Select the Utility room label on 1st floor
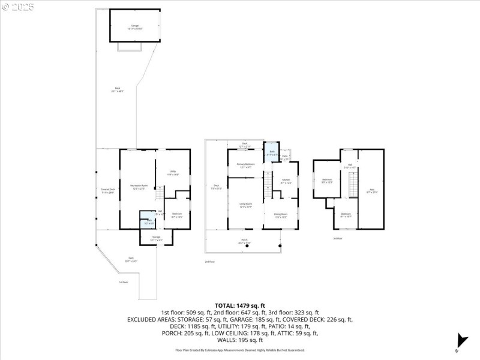tap(172, 173)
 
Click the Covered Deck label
tap(107, 191)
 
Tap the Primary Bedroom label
tap(245, 166)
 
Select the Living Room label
tap(245, 205)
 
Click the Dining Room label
tap(280, 215)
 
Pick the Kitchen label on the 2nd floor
tap(286, 181)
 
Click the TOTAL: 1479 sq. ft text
tap(239, 306)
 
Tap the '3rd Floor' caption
tap(338, 239)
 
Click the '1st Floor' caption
tap(123, 282)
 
